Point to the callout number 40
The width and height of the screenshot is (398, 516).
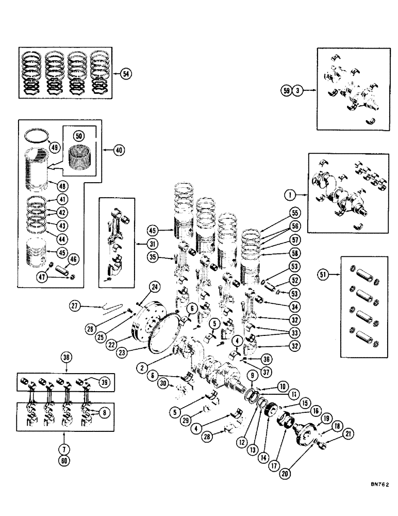pos(120,150)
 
